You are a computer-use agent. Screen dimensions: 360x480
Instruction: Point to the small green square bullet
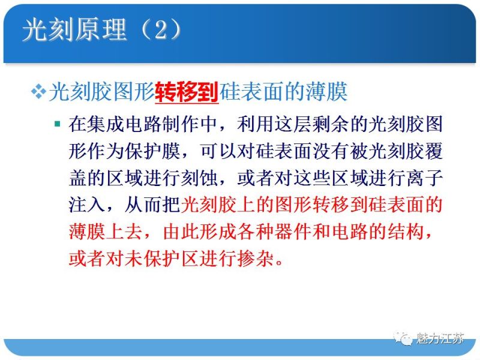click(57, 124)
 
